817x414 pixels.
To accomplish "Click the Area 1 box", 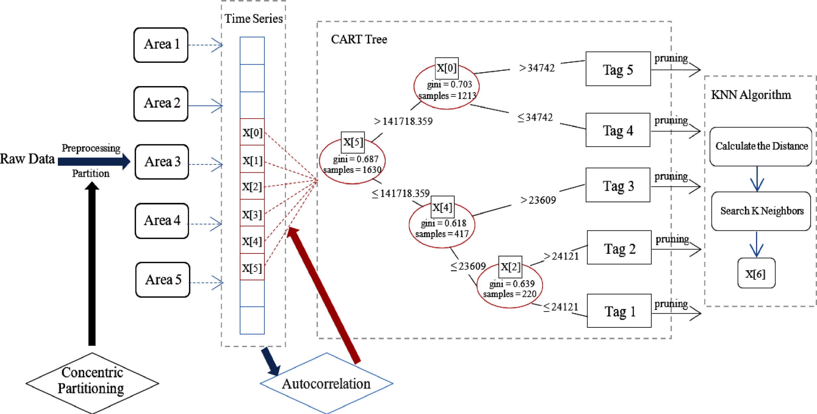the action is (x=161, y=45).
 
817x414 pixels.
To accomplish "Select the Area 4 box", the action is (x=162, y=221).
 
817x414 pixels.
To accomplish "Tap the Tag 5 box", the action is (x=618, y=69).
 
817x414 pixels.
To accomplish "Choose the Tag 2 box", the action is (x=619, y=247).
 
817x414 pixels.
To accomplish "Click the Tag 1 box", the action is (x=619, y=311).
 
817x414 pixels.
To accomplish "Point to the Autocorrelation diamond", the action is (x=326, y=383).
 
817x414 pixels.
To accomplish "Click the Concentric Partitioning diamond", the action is (x=92, y=383).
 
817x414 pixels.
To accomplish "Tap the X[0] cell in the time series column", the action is (x=252, y=132).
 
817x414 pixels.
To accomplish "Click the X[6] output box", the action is (x=757, y=273).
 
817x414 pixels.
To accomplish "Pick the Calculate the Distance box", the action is (x=761, y=146).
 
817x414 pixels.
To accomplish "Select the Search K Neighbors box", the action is (x=761, y=211).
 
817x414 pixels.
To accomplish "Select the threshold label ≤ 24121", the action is (x=560, y=307).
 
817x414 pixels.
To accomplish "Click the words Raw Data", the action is (x=27, y=159).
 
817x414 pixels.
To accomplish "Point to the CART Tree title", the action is (x=359, y=39).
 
